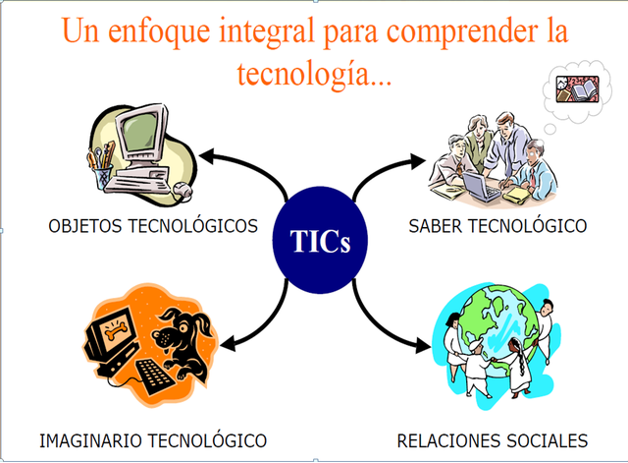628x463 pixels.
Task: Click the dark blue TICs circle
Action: click(x=320, y=242)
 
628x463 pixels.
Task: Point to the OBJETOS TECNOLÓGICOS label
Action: click(x=153, y=227)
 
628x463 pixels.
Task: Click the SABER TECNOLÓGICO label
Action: click(x=497, y=227)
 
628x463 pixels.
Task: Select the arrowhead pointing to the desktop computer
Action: click(x=205, y=153)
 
